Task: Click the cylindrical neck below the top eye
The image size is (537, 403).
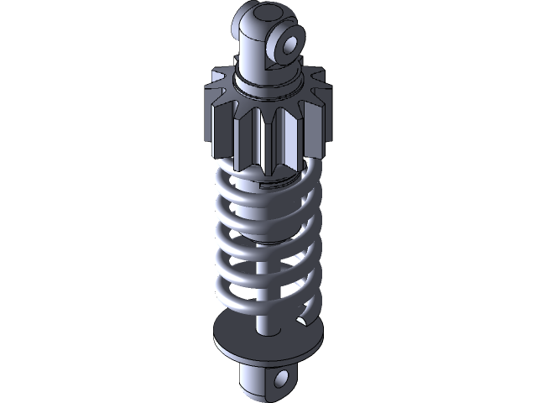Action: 252,59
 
